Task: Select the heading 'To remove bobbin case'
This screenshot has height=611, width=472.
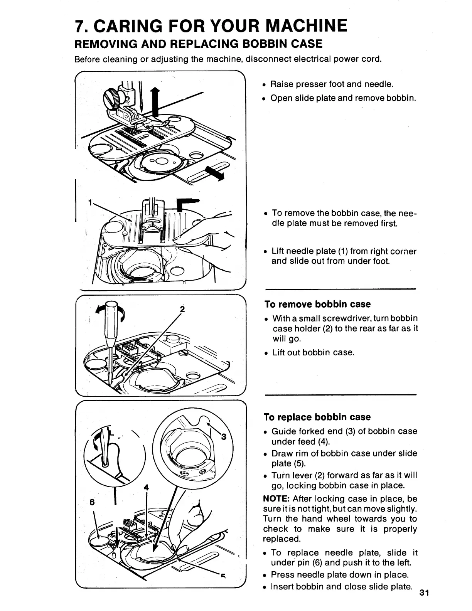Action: click(317, 304)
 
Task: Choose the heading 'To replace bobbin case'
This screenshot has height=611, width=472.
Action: click(317, 417)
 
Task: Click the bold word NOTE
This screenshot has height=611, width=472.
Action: click(276, 499)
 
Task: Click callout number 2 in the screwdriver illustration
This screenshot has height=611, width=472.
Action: click(183, 309)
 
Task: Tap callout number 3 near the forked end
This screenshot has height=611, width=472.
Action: click(223, 437)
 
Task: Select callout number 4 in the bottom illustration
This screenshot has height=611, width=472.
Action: click(146, 487)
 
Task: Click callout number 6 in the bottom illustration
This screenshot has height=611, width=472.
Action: click(92, 502)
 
